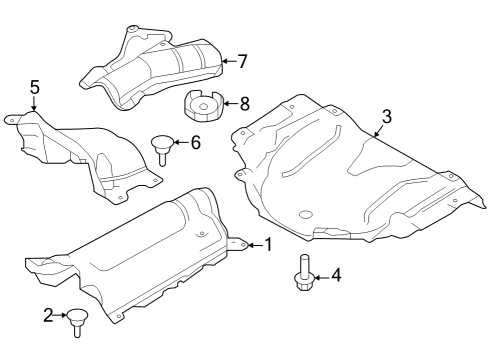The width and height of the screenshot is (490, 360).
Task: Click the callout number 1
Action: coord(267,245)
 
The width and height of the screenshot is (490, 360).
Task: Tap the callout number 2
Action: coord(47,316)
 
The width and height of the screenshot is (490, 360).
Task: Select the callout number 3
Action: coord(386,116)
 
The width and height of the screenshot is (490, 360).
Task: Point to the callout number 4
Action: coord(336,274)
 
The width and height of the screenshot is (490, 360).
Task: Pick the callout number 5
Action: coord(34,89)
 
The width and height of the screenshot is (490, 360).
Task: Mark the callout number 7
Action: coord(242,60)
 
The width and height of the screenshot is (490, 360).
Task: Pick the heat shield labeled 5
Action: coord(85,150)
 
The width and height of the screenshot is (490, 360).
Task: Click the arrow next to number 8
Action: coord(230,101)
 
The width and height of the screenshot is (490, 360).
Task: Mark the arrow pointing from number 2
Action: coord(61,316)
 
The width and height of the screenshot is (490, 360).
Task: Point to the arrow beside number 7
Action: coord(227,61)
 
